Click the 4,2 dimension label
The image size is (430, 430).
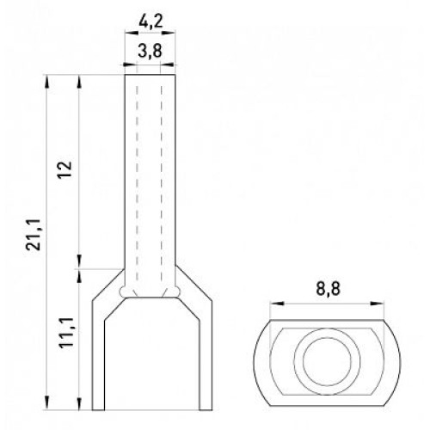150,21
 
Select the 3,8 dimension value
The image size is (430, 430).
150,52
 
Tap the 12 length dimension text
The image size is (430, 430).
64,169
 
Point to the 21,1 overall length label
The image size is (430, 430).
34,235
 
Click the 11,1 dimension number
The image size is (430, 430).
66,333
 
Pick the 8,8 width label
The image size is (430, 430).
329,289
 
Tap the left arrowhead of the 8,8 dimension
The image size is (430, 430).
276,304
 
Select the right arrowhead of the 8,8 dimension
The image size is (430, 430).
377,304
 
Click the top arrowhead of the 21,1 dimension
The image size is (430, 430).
46,82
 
